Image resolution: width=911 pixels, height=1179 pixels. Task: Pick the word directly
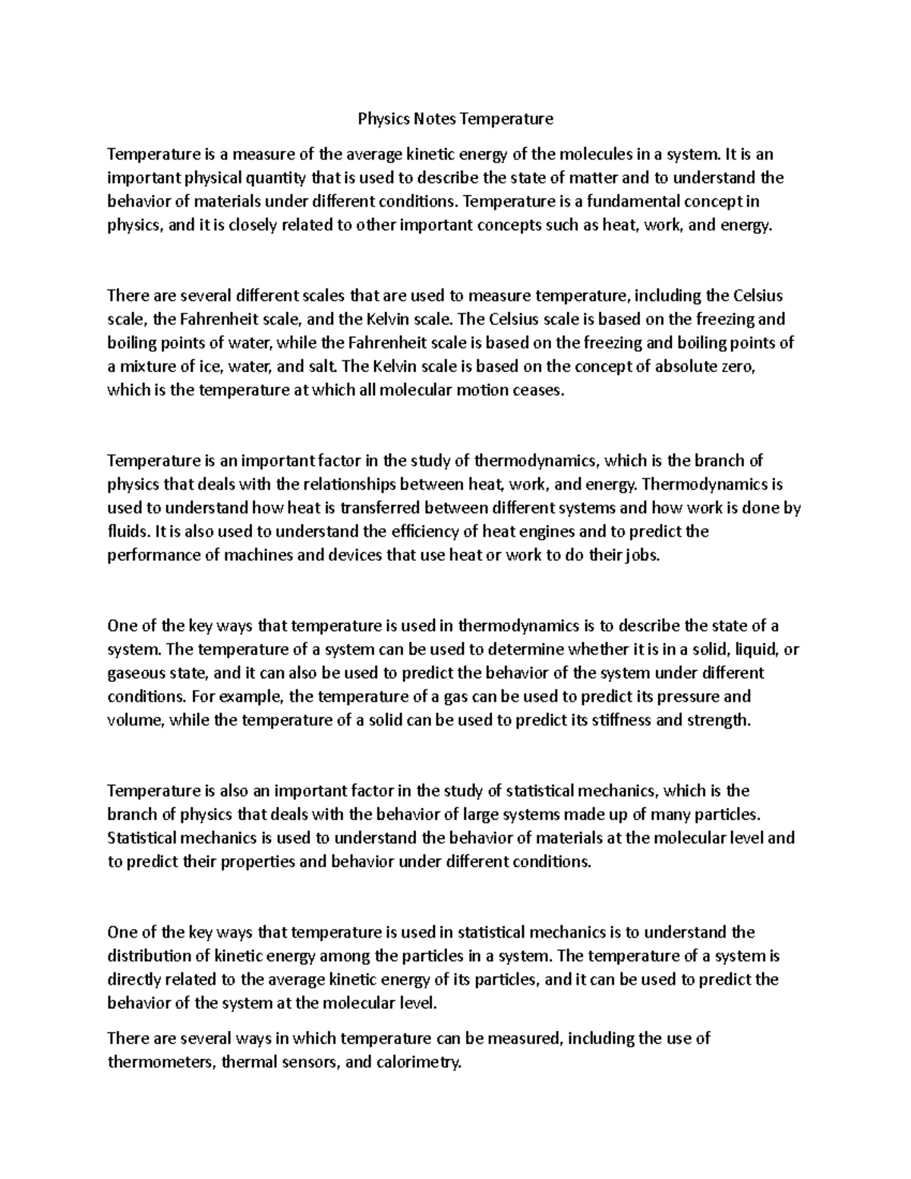pos(134,980)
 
